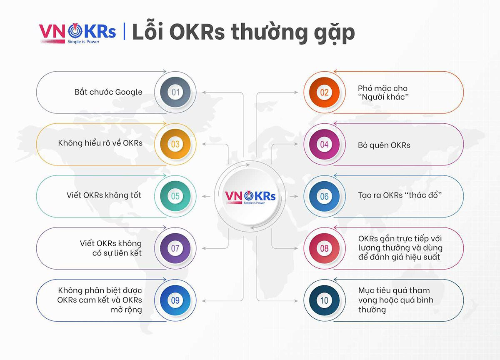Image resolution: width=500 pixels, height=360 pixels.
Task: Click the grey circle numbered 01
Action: click(175, 92)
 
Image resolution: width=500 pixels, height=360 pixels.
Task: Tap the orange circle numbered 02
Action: click(324, 92)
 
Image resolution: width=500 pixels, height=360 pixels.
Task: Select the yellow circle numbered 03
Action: click(175, 144)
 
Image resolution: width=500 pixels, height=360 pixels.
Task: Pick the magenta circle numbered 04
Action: click(324, 144)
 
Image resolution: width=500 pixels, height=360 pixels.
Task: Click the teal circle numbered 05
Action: click(175, 196)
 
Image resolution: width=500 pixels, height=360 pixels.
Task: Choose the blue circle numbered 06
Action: click(324, 196)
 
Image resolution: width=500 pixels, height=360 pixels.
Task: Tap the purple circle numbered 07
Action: click(175, 248)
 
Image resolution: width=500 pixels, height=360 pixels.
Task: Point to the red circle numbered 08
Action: click(324, 248)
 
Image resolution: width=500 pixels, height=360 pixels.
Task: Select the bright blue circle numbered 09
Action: click(175, 300)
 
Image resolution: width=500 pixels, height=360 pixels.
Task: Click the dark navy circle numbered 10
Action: click(324, 300)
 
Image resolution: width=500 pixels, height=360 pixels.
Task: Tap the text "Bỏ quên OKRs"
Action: click(384, 145)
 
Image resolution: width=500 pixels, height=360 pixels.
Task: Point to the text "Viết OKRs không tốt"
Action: click(104, 195)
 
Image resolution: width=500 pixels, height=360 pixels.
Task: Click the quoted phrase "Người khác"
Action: click(383, 97)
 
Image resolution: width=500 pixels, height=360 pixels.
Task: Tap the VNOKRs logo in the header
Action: click(77, 33)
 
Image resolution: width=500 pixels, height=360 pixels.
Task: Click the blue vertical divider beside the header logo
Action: click(124, 31)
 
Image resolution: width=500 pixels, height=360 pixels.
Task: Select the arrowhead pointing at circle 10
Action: click(295, 301)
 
